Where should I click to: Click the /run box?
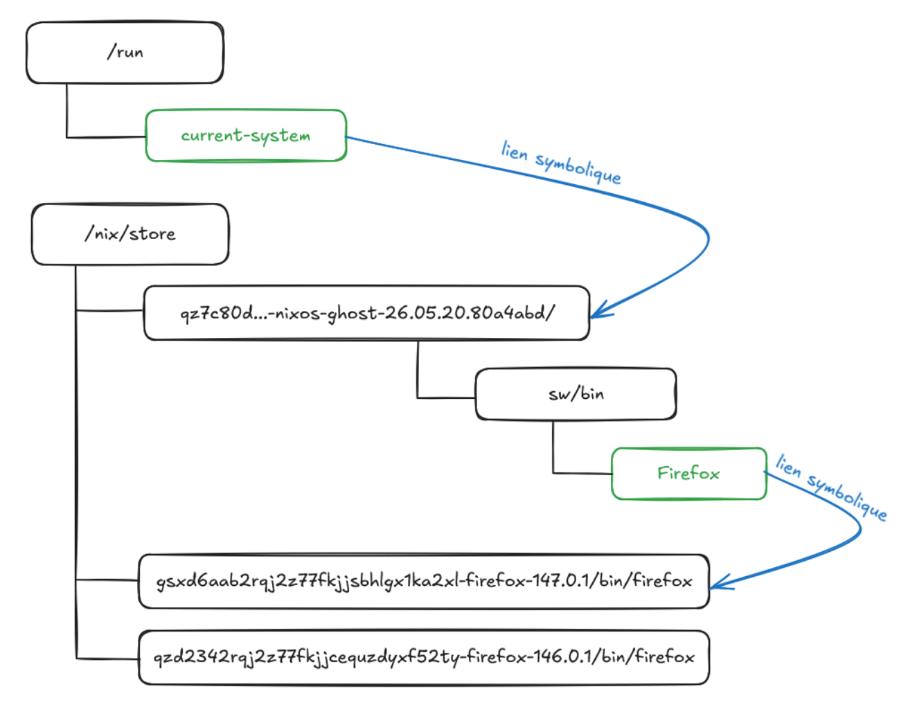click(125, 53)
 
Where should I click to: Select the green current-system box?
click(245, 136)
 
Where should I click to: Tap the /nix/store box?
click(130, 234)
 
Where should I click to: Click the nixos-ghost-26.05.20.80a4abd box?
click(366, 313)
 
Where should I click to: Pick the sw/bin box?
click(576, 394)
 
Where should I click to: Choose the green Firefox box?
click(688, 474)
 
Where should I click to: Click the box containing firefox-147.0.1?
click(424, 582)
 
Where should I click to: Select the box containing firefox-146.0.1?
click(424, 657)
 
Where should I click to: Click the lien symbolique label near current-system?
click(560, 161)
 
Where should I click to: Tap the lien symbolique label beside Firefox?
click(830, 487)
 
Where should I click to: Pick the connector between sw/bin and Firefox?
click(553, 457)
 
